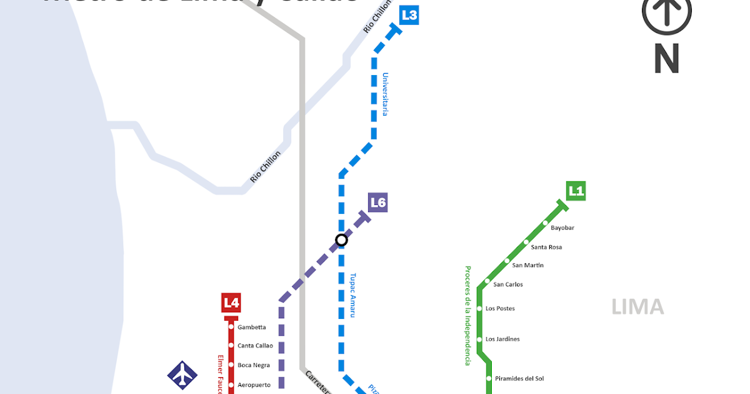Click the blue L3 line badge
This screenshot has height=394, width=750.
click(x=409, y=15)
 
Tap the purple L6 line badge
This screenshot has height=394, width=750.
click(x=378, y=202)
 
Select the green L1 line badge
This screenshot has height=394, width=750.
click(x=576, y=191)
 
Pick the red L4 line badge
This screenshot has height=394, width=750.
click(x=231, y=303)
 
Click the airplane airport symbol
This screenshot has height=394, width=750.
click(x=182, y=376)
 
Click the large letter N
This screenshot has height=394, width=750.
click(x=666, y=59)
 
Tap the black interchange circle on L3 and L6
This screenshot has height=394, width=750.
click(x=341, y=240)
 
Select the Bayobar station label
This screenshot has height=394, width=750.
click(x=562, y=228)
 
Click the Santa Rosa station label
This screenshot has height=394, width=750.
click(x=546, y=247)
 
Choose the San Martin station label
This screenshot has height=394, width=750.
click(x=527, y=265)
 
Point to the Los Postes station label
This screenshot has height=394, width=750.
click(x=500, y=308)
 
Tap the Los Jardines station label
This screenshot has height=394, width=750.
click(x=502, y=339)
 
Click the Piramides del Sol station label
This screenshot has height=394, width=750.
click(x=519, y=378)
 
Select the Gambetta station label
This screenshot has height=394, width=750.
click(x=252, y=327)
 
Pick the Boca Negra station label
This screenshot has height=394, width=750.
click(x=254, y=365)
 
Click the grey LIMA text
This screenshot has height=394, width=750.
click(x=637, y=307)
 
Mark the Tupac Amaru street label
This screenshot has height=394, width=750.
click(x=352, y=295)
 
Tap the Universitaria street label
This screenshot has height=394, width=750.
click(x=386, y=94)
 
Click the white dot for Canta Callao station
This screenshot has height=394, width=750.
click(x=231, y=346)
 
